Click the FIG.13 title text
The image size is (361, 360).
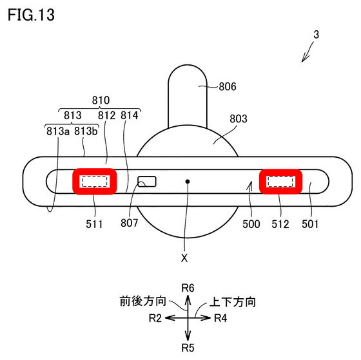(31, 15)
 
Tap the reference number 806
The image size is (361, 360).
(228, 87)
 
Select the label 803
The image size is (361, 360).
(239, 118)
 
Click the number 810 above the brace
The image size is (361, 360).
(101, 100)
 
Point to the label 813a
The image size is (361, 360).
(58, 131)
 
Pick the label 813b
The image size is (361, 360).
(86, 131)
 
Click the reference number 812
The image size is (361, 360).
(106, 115)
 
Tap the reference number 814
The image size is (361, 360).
(130, 115)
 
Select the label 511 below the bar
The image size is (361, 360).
(94, 224)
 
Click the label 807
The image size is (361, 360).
(130, 223)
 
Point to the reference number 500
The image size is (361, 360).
(251, 224)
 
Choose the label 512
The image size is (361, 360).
(280, 224)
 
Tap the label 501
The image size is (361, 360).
(310, 224)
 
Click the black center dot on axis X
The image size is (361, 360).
(188, 182)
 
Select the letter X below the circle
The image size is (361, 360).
(184, 258)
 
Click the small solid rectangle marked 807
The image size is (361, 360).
(147, 182)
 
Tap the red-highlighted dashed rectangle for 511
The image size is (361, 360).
(95, 182)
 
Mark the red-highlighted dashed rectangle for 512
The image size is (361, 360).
(280, 182)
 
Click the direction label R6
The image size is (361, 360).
(188, 288)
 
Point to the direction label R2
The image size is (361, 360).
(155, 318)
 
